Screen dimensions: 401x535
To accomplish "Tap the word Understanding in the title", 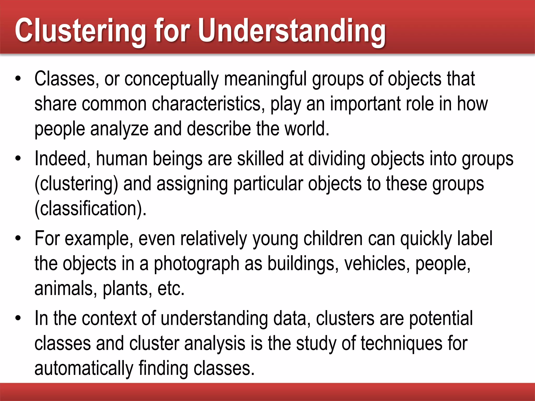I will tap(292, 31).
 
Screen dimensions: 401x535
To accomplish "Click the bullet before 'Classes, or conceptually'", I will tap(18, 79).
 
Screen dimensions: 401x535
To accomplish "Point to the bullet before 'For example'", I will tap(18, 239).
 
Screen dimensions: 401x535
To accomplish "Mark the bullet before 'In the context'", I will tap(18, 319).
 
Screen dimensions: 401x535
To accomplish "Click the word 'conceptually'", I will tap(171, 79).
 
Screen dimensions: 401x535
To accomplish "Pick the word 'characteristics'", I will tap(206, 104).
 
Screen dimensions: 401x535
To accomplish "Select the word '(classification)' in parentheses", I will tap(90, 209).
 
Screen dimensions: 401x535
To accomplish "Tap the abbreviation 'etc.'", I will tap(171, 288).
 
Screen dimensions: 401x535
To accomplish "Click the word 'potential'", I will tap(441, 319).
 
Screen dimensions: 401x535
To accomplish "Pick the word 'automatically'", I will tap(84, 368).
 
